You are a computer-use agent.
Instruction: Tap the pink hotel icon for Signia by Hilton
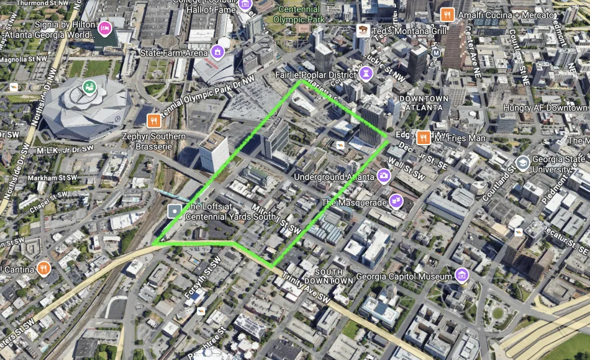105,27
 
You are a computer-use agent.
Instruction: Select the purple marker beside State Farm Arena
217,51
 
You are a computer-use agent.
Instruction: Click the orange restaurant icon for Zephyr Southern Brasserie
152,120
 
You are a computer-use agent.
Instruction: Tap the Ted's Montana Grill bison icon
363,30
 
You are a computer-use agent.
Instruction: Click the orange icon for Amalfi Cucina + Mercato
445,14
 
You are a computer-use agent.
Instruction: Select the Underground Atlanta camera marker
384,176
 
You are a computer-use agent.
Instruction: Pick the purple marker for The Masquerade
396,201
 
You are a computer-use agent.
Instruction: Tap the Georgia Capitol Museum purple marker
461,275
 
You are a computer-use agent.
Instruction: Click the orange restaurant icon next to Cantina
43,269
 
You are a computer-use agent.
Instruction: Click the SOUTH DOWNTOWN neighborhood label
334,277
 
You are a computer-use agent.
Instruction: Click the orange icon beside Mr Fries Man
424,138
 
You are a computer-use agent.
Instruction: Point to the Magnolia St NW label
24,60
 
